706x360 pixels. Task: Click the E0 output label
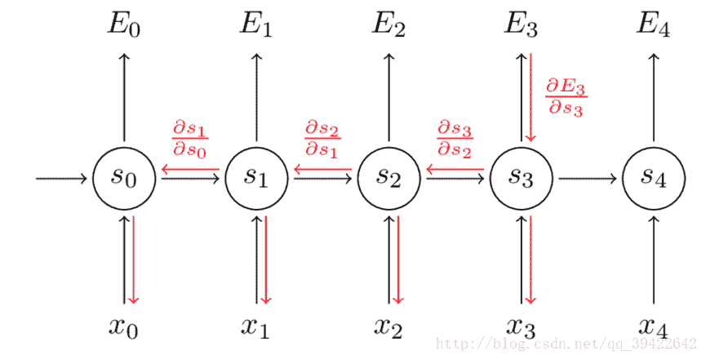[124, 24]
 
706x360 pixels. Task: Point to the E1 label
[256, 24]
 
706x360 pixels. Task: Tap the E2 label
[389, 24]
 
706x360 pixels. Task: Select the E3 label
[522, 24]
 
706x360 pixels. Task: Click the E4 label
[654, 24]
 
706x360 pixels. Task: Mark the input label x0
[124, 327]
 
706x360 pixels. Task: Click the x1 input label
[256, 327]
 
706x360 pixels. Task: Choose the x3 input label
[522, 327]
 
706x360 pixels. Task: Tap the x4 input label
[654, 327]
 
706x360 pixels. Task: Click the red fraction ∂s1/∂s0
[190, 138]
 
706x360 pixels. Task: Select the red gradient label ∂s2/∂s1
[322, 138]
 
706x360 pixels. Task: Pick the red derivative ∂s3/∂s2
[455, 138]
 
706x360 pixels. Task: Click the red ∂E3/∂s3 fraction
[566, 97]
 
